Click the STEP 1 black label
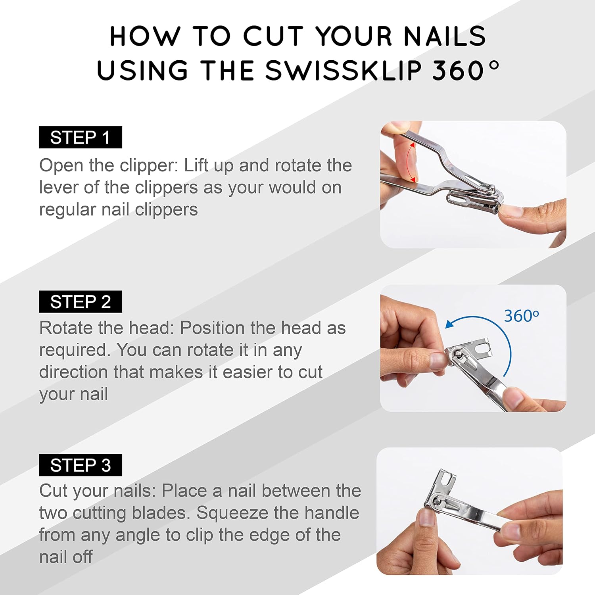tap(80, 137)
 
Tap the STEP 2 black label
tap(80, 301)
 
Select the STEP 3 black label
tap(80, 465)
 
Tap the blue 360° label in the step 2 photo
tap(522, 316)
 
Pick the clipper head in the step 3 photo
tap(441, 492)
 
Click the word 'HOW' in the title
tap(144, 36)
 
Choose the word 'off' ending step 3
tap(83, 557)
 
